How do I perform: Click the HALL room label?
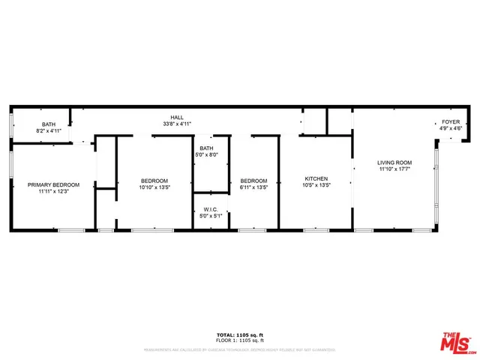click(x=178, y=118)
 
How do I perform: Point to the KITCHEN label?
click(x=316, y=178)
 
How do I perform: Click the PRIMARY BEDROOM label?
click(x=53, y=184)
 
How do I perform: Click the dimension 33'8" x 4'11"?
click(x=178, y=124)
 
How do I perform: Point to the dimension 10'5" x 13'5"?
click(x=316, y=184)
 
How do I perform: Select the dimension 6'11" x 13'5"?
click(x=253, y=187)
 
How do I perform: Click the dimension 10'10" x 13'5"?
click(x=154, y=187)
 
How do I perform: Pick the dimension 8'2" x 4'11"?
click(x=49, y=130)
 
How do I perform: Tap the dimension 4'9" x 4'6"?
click(x=450, y=128)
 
